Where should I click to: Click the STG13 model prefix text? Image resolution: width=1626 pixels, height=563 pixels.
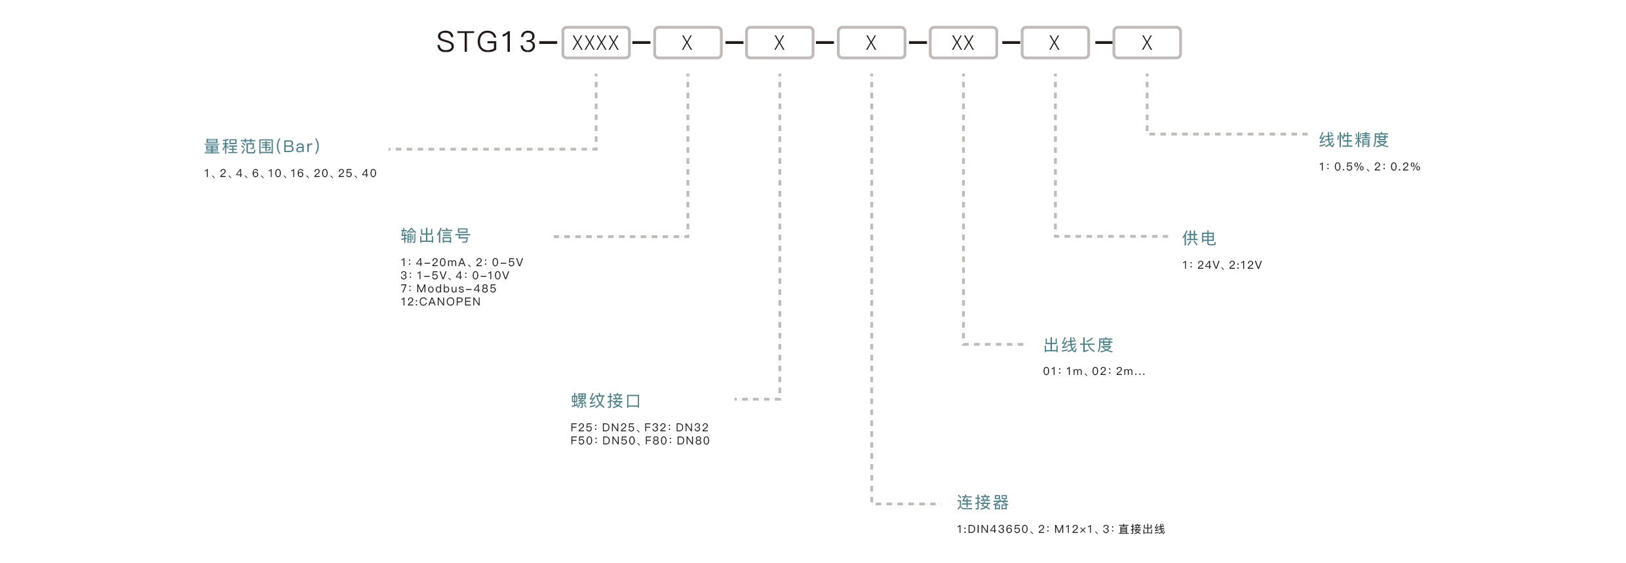486,43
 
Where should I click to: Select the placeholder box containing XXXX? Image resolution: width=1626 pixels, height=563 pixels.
595,43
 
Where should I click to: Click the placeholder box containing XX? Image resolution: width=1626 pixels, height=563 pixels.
962,43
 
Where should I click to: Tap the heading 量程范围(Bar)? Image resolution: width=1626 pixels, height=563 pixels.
262,146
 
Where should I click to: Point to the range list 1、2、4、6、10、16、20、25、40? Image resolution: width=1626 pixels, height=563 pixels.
290,174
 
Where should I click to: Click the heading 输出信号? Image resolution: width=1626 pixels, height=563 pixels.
435,236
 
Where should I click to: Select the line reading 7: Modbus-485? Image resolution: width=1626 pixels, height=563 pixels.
448,288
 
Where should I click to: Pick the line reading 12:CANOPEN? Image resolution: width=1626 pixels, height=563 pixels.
440,302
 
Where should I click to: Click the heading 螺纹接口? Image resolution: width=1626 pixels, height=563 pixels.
606,400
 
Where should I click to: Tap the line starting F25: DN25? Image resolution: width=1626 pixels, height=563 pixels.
639,427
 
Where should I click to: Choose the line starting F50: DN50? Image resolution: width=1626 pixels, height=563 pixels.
640,441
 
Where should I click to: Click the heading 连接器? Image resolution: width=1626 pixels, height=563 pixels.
982,503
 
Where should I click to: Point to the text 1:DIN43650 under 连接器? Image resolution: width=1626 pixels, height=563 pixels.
992,530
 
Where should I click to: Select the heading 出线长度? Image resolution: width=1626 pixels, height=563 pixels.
1078,345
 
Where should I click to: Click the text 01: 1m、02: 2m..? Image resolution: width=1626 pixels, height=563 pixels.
1093,372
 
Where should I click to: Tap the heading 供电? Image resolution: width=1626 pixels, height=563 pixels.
1199,238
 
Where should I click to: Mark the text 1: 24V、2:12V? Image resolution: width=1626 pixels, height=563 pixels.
1222,265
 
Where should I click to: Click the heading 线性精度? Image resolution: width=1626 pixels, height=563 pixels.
1353,140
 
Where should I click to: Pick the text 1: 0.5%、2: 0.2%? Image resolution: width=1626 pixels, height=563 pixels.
1369,167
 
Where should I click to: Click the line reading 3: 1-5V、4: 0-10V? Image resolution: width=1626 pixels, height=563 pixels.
455,276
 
